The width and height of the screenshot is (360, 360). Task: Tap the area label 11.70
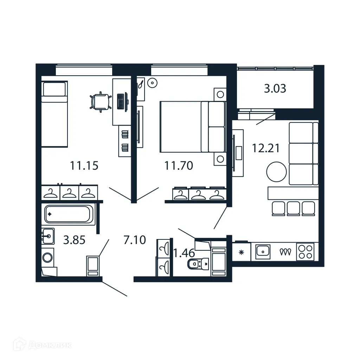point(179,165)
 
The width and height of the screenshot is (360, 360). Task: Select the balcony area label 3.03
point(275,89)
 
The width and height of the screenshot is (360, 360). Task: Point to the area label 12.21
point(266,148)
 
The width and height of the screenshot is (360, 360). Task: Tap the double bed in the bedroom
point(192,127)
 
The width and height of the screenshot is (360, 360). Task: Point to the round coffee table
point(277,172)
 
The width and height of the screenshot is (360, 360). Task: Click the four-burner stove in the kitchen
point(305,252)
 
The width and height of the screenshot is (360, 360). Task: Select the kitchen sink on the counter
point(262,251)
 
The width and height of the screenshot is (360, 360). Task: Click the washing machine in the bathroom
point(47,258)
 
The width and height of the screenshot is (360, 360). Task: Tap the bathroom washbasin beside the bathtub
point(47,236)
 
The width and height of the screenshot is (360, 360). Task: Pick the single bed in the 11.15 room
point(54,114)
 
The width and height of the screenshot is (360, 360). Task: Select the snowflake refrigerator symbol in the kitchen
point(241,252)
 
